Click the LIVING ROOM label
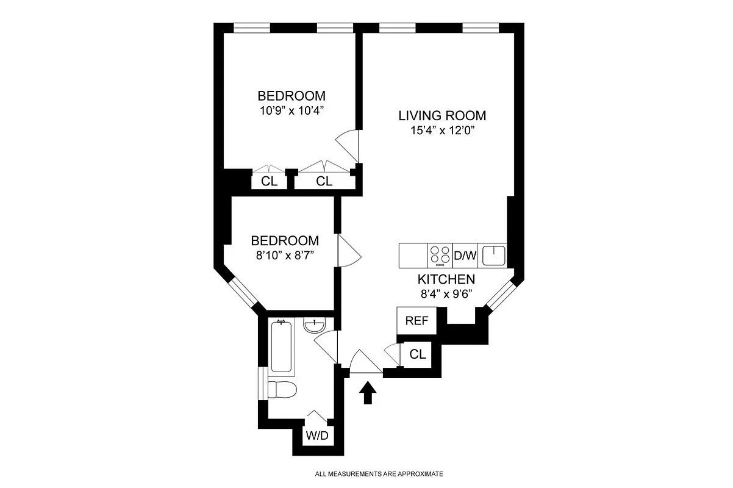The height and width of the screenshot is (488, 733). pyautogui.click(x=442, y=115)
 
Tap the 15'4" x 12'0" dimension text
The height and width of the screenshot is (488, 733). pyautogui.click(x=442, y=130)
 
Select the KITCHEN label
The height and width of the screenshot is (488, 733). pyautogui.click(x=446, y=279)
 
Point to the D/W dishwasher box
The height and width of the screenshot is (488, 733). pyautogui.click(x=465, y=256)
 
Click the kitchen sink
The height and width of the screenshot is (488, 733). pyautogui.click(x=493, y=255)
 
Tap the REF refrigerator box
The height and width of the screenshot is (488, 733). pyautogui.click(x=417, y=321)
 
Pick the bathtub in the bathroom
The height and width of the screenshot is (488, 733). pyautogui.click(x=282, y=346)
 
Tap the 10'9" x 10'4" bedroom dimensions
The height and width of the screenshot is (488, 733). pyautogui.click(x=291, y=111)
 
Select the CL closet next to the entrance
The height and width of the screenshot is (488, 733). pyautogui.click(x=417, y=354)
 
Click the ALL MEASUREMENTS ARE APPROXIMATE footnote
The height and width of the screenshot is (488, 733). pyautogui.click(x=379, y=473)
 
